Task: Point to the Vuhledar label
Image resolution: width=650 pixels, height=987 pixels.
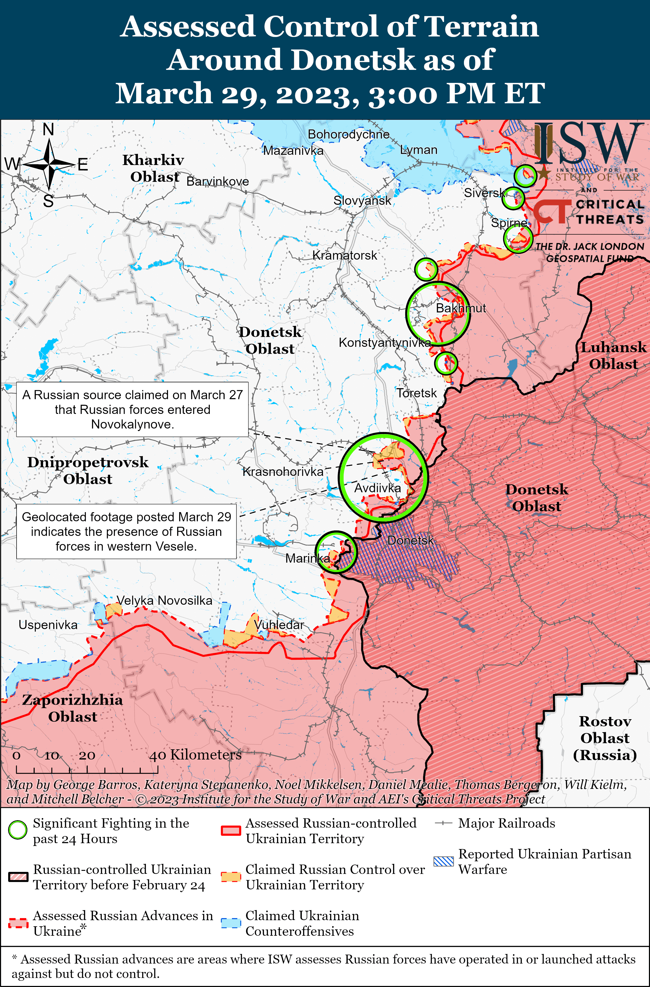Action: click(279, 625)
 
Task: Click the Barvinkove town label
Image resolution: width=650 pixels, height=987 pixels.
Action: click(218, 181)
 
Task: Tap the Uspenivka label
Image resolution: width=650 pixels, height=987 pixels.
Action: click(48, 625)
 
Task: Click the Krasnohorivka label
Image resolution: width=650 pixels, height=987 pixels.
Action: click(283, 472)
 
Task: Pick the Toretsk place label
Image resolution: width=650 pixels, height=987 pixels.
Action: click(417, 393)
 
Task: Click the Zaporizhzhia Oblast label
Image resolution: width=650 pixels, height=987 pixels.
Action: click(73, 708)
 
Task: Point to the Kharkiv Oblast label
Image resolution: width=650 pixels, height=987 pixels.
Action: click(153, 168)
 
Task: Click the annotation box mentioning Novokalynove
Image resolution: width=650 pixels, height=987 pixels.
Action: click(132, 409)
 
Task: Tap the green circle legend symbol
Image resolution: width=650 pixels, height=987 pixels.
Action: click(18, 830)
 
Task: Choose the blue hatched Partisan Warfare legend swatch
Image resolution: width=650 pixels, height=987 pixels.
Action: click(444, 861)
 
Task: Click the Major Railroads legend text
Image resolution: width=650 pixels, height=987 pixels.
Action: click(506, 823)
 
